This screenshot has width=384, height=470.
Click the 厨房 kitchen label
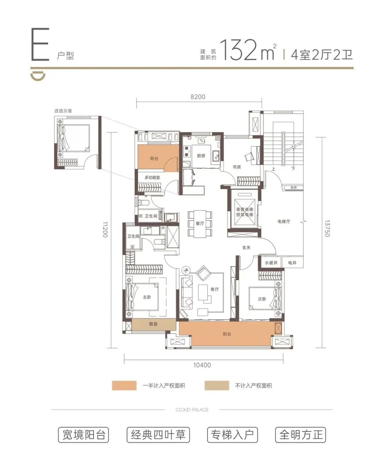[x=201, y=156]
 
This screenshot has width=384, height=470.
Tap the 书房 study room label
[x=236, y=167]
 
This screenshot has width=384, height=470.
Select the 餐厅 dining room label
[x=200, y=223]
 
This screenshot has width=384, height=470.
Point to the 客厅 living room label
[x=214, y=289]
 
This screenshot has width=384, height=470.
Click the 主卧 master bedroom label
[x=147, y=297]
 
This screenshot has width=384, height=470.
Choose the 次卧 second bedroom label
[x=262, y=299]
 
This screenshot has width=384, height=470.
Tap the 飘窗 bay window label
[x=153, y=324]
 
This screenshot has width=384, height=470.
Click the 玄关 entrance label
[x=246, y=247]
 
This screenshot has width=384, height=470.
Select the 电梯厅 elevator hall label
[x=284, y=221]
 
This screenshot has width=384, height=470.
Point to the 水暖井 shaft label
[x=271, y=263]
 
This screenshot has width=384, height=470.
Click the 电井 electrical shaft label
[x=292, y=263]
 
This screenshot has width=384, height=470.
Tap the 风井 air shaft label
[x=294, y=188]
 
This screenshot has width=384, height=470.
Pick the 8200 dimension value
[x=198, y=97]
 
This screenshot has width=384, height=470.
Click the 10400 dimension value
[x=202, y=365]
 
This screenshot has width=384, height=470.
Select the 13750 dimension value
[x=327, y=228]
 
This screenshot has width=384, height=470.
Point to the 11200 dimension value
[x=105, y=229]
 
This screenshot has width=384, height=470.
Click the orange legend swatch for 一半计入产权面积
[x=124, y=386]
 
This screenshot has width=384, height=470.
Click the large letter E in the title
[x=40, y=44]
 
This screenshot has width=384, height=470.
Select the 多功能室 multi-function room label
[x=152, y=178]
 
